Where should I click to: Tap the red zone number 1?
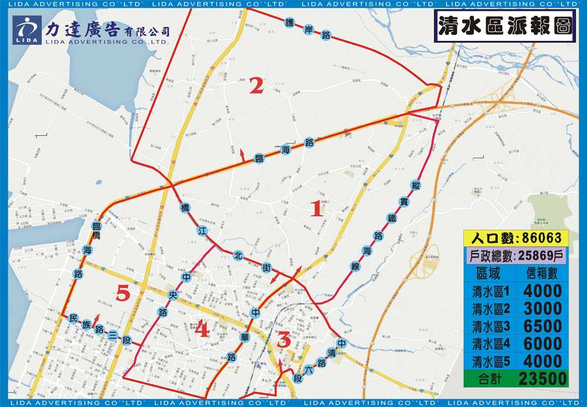tap(316, 208)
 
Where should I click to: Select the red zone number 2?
tap(256, 86)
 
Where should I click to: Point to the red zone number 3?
tap(284, 340)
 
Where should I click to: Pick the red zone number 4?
tap(202, 329)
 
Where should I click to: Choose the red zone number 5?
tap(124, 294)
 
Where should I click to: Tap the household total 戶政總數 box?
tap(516, 255)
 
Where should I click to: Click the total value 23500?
tap(543, 378)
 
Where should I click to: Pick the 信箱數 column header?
tap(543, 273)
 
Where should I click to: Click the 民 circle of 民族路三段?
tap(73, 318)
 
